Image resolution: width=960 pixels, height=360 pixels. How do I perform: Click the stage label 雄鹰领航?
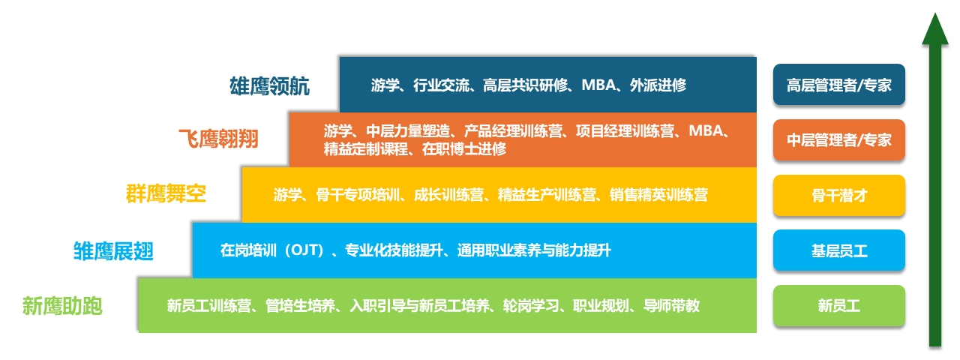(x=269, y=85)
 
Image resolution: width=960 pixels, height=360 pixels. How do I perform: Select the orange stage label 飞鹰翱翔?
(x=218, y=139)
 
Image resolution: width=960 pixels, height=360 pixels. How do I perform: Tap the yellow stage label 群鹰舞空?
(x=166, y=195)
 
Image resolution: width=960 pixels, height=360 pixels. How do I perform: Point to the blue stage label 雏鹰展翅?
(x=113, y=250)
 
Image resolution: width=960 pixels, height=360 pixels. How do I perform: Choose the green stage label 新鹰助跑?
(x=62, y=306)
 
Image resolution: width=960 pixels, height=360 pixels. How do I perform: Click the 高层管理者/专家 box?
(x=839, y=85)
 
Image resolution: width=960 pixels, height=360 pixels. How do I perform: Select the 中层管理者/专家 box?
(x=839, y=140)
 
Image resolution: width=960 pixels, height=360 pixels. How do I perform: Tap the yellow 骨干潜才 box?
(x=839, y=196)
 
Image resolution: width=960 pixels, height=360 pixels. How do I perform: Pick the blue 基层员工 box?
(x=839, y=250)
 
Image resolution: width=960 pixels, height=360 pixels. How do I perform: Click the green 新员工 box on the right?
(x=839, y=306)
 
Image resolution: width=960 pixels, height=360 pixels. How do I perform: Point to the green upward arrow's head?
(x=935, y=30)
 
